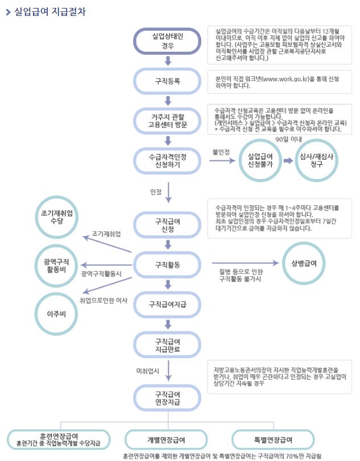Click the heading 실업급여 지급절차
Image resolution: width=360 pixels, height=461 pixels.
click(x=49, y=12)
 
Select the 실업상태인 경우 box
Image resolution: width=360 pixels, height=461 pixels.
click(x=167, y=41)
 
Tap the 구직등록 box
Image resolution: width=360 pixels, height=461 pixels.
click(x=167, y=81)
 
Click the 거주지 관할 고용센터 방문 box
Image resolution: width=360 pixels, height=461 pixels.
click(x=167, y=120)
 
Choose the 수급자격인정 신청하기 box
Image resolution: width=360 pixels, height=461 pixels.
click(x=167, y=160)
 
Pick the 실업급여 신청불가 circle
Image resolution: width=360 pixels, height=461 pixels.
click(x=260, y=160)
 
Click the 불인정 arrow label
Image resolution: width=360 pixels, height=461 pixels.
click(x=221, y=152)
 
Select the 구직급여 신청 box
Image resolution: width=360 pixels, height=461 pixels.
click(x=167, y=225)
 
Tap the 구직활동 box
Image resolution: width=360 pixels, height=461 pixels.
click(x=167, y=265)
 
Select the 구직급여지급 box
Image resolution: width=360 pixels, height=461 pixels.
click(x=167, y=304)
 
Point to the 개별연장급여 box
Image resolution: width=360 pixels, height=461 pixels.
click(x=166, y=439)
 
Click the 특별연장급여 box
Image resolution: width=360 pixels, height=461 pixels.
click(x=274, y=439)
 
